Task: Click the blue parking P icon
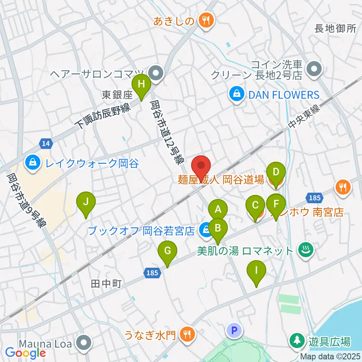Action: point(234,331)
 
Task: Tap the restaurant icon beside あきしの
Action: point(206,21)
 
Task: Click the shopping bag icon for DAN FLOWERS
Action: point(236,94)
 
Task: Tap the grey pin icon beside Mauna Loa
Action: point(84,344)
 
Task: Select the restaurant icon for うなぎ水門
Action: point(187,333)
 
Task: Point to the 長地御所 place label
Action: point(335,29)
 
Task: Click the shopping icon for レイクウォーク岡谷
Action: point(33,163)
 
